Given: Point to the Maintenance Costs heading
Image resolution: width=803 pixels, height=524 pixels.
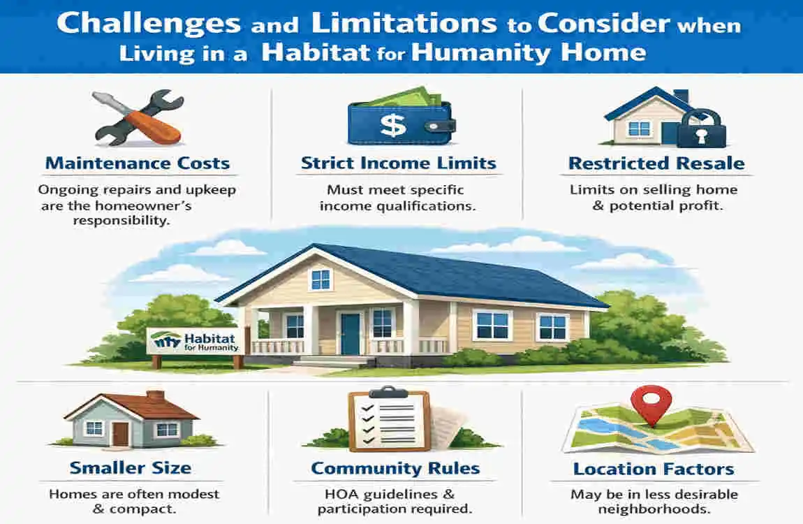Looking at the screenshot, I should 138,164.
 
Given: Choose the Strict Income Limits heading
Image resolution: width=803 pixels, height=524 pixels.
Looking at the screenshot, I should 398,164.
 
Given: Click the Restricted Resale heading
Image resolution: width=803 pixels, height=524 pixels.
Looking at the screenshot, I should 656,164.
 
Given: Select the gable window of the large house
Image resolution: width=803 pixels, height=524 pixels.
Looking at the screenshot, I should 321,279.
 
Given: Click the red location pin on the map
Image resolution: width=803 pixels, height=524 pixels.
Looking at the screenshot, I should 651,402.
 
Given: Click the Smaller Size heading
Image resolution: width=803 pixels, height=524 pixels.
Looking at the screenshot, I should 131,467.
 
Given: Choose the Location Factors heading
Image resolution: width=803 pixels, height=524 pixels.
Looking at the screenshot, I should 653,468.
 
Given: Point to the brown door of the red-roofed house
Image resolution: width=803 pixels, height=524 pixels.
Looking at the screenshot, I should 120,434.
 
